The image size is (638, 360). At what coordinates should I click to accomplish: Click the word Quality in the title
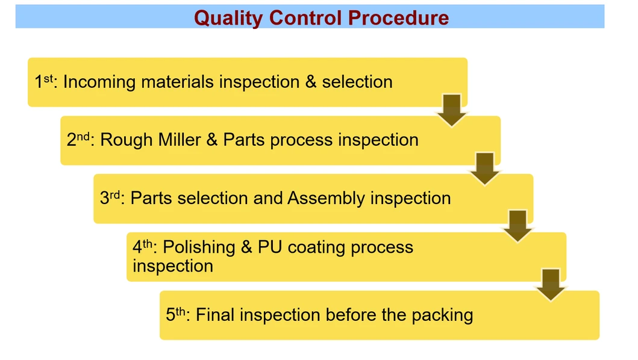(x=228, y=17)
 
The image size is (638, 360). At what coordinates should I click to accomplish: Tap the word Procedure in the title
(x=399, y=17)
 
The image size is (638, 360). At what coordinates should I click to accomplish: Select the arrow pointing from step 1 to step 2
(x=452, y=110)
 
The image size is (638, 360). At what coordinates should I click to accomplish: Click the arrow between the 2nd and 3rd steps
(x=485, y=168)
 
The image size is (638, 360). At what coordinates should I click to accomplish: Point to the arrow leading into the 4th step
(x=518, y=226)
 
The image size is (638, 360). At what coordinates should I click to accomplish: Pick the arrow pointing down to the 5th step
(x=551, y=284)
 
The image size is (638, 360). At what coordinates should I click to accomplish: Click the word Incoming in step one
(x=99, y=82)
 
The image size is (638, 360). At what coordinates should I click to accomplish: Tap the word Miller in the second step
(x=180, y=140)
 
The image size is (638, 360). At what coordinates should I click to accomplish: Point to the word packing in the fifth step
(x=442, y=315)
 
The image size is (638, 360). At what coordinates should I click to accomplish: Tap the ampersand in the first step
(x=311, y=82)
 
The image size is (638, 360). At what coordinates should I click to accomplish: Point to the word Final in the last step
(x=215, y=315)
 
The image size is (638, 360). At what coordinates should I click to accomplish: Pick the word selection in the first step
(x=357, y=82)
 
